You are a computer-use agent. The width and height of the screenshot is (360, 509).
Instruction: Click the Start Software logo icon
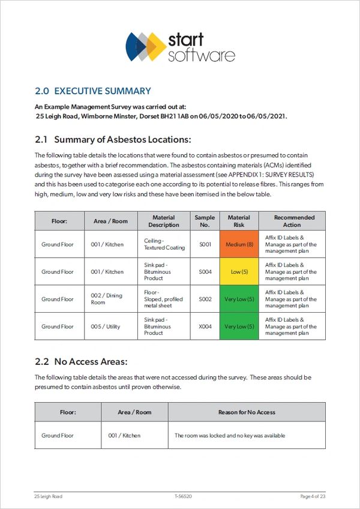pyautogui.click(x=146, y=46)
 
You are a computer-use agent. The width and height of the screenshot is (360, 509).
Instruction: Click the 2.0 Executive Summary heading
pyautogui.click(x=93, y=91)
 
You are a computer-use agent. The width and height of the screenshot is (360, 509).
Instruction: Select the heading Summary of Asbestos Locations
pyautogui.click(x=113, y=140)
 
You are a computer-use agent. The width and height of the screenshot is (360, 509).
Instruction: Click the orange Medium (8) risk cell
pyautogui.click(x=239, y=244)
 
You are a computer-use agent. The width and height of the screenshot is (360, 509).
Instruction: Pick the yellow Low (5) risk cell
pyautogui.click(x=239, y=272)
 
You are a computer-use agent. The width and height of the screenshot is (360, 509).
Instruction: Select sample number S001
pyautogui.click(x=205, y=244)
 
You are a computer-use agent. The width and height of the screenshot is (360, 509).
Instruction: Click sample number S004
pyautogui.click(x=205, y=272)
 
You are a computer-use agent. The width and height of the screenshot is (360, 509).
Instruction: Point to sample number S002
pyautogui.click(x=205, y=299)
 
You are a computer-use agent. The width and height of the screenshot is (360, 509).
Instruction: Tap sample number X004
pyautogui.click(x=205, y=327)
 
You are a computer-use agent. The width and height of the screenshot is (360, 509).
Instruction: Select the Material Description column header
pyautogui.click(x=164, y=221)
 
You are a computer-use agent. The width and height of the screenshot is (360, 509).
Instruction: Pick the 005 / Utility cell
pyautogui.click(x=106, y=327)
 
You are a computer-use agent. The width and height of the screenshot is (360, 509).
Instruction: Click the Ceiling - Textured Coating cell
pyautogui.click(x=164, y=244)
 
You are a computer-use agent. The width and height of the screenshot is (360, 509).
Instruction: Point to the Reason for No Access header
pyautogui.click(x=247, y=412)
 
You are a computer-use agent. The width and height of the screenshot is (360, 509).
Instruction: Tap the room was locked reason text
pyautogui.click(x=230, y=435)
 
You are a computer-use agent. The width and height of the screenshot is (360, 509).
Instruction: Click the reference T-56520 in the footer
pyautogui.click(x=183, y=496)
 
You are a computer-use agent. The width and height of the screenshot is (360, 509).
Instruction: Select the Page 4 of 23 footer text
pyautogui.click(x=313, y=496)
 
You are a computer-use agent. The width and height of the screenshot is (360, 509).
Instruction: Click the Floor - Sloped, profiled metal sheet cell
pyautogui.click(x=163, y=299)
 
